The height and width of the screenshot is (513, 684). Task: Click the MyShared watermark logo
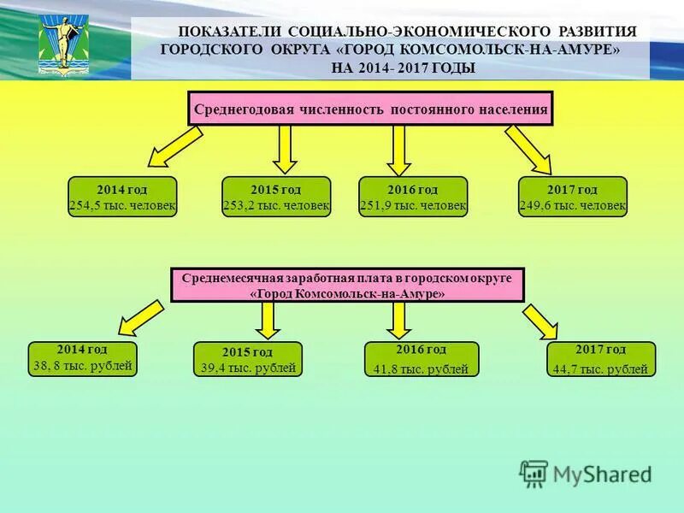(587, 474)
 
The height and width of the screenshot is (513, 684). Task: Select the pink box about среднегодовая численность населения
(370, 109)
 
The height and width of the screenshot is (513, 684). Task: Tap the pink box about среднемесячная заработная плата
(347, 285)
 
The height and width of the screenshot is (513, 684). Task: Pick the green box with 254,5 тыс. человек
(122, 197)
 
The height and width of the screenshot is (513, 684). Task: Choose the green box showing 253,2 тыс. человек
(276, 197)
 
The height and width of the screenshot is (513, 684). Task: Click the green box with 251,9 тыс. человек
(413, 197)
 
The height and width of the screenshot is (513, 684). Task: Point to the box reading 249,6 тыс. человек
(573, 197)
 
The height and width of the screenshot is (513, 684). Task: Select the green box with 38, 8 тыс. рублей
(82, 358)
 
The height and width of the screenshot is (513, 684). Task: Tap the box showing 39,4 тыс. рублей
(247, 359)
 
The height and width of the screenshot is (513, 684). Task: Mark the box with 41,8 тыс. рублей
(420, 359)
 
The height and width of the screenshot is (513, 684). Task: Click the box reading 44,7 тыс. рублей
(600, 359)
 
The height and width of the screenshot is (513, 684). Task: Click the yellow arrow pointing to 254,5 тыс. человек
(175, 145)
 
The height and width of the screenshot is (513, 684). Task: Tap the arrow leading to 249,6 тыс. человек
(529, 149)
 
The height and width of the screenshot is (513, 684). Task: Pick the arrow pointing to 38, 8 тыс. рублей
(141, 315)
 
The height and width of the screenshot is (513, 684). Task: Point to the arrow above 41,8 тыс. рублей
(398, 318)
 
